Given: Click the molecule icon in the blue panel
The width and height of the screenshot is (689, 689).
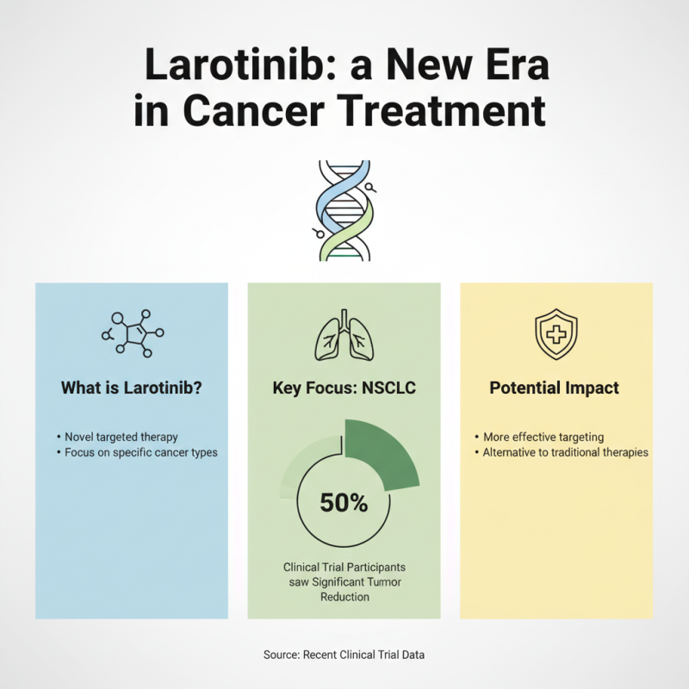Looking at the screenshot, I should [x=133, y=332].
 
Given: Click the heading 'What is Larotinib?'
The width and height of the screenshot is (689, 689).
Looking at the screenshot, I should [x=131, y=388].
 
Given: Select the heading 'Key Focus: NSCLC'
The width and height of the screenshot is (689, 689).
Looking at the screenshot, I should [x=344, y=388].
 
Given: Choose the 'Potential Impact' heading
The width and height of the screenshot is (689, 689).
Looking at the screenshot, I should [x=554, y=388].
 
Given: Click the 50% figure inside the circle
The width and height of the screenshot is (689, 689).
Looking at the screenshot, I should [x=344, y=503].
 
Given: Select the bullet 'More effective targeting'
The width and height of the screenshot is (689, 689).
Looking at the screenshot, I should [x=543, y=437].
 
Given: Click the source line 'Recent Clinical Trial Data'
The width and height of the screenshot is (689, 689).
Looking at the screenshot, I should [x=344, y=655].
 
